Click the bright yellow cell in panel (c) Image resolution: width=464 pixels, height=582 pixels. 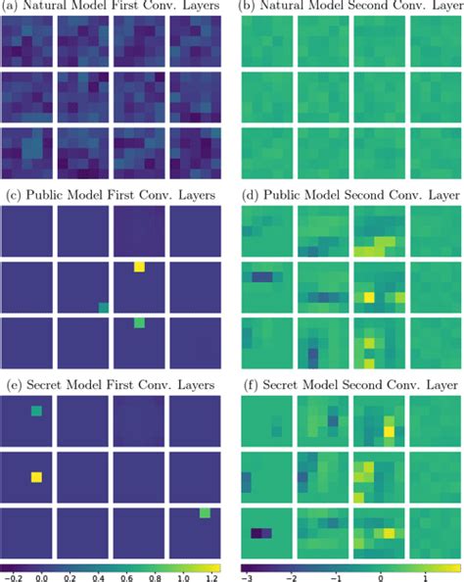point(140,267)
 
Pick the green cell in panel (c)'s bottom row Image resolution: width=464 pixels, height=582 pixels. point(140,321)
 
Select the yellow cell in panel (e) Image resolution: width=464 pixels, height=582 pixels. point(37,477)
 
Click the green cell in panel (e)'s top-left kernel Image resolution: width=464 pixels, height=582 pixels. point(37,412)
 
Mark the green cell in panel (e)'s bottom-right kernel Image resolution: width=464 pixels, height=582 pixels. point(205,512)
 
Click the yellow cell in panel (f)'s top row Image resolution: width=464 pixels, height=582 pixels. point(390,430)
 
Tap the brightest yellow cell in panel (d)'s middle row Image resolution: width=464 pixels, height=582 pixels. point(369,297)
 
